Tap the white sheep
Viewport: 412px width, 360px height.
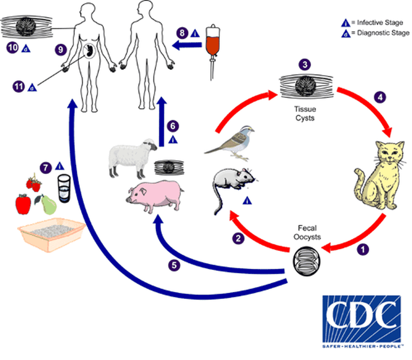tap(130, 157)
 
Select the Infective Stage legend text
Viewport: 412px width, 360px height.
tap(379, 23)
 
